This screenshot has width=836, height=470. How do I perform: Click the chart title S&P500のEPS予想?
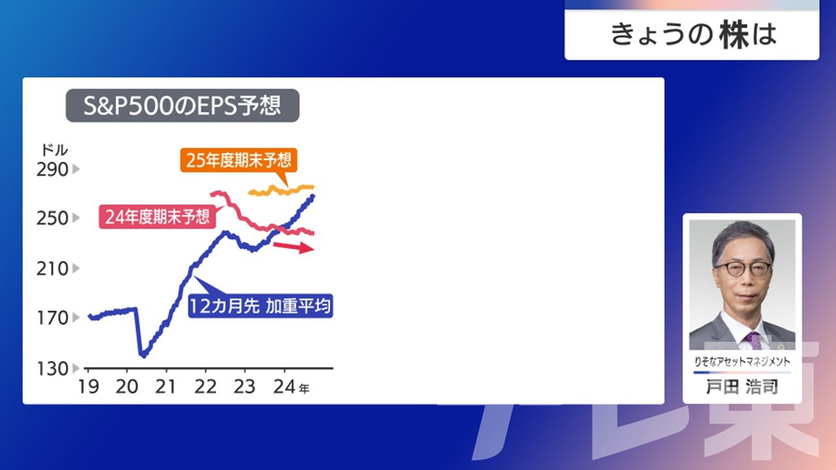click(182, 106)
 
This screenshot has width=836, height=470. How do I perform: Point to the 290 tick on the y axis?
click(52, 170)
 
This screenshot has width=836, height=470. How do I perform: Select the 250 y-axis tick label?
click(52, 218)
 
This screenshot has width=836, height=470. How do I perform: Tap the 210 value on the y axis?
click(52, 268)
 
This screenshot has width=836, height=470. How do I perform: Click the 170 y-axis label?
click(52, 318)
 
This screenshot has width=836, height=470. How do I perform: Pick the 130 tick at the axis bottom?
click(52, 369)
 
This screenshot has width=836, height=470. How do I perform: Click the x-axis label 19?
click(88, 387)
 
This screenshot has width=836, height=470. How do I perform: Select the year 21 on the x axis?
click(165, 387)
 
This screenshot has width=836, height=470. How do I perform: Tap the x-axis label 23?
click(244, 387)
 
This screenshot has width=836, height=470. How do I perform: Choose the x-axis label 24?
click(284, 387)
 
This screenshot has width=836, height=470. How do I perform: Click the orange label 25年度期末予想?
click(238, 161)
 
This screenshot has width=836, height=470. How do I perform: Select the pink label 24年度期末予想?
click(157, 217)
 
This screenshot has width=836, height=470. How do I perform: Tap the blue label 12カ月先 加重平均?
click(261, 306)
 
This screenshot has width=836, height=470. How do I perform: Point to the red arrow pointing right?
click(294, 247)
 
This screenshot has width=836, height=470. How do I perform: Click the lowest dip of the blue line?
click(143, 356)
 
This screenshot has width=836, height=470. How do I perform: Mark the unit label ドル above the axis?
click(54, 150)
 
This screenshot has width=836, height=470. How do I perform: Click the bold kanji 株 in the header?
click(735, 35)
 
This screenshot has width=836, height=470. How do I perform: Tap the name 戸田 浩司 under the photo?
click(742, 387)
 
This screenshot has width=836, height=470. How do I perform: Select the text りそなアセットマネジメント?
click(742, 362)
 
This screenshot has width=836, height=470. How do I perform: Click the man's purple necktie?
click(754, 341)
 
